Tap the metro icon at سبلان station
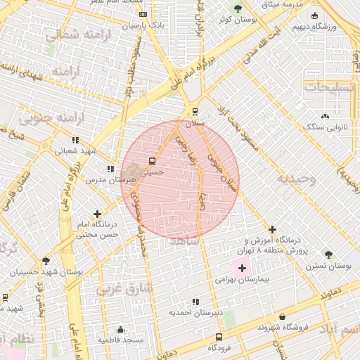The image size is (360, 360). point(195,111)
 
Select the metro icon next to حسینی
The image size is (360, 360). point(153,161)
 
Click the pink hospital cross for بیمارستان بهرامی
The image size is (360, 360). point(243,268)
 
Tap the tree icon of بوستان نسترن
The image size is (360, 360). point(328,254)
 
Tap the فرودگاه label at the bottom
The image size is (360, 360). point(221,348)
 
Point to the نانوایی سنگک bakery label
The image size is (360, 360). point(325,127)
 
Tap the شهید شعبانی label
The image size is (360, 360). point(76,150)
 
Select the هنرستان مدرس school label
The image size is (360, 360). point(110,180)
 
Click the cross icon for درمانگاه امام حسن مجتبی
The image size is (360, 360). point(97,214)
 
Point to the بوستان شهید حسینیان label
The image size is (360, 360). point(46,271)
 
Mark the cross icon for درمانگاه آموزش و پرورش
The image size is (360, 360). point(272,229)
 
